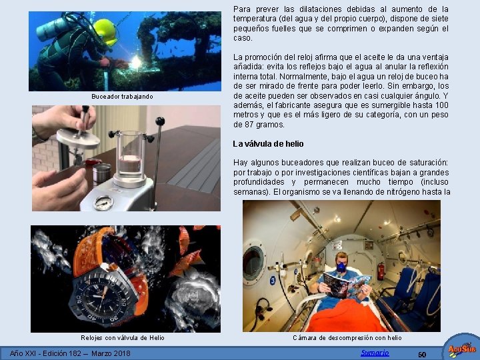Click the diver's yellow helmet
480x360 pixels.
click(x=105, y=32)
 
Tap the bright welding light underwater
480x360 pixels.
click(x=135, y=63)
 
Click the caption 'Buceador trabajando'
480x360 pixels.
click(x=122, y=97)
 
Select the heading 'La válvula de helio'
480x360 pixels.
click(x=268, y=144)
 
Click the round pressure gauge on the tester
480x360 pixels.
click(x=103, y=203)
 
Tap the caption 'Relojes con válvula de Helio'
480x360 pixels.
click(x=123, y=337)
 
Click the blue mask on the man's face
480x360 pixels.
click(x=341, y=267)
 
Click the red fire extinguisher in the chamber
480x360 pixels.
click(x=381, y=271)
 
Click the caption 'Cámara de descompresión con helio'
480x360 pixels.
click(x=347, y=338)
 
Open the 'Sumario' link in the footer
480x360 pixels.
click(x=375, y=353)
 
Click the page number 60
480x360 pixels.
click(x=422, y=355)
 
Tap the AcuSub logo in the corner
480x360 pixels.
click(x=461, y=347)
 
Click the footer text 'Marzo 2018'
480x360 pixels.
click(x=111, y=353)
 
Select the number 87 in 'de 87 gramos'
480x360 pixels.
click(x=248, y=125)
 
